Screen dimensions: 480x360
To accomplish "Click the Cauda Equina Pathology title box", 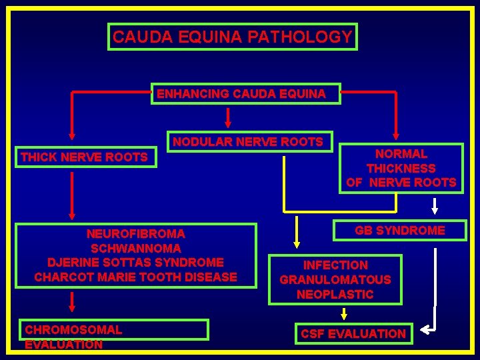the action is [x=233, y=37].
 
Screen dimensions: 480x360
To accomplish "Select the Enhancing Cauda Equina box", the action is [x=246, y=94].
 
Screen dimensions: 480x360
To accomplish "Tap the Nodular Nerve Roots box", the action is [x=249, y=141].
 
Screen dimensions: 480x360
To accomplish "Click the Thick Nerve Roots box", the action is [x=85, y=157].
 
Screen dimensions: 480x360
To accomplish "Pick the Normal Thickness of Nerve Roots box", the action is [x=401, y=168].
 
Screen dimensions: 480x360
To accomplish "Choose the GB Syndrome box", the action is [x=400, y=230].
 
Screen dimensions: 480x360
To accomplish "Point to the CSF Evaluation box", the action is [x=353, y=333].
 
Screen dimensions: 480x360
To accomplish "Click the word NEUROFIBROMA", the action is [x=136, y=234].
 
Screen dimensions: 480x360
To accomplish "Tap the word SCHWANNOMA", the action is [x=136, y=248].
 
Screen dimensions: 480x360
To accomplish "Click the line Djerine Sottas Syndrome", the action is [x=136, y=262].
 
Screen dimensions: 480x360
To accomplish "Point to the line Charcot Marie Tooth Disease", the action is [x=136, y=277].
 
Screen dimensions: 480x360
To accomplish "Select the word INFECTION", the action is [x=335, y=265].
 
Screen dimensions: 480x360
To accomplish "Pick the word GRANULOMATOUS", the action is [x=335, y=279].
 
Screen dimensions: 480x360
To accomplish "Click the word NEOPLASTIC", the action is [x=335, y=294].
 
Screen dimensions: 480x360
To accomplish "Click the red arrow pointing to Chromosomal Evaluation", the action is [x=72, y=303].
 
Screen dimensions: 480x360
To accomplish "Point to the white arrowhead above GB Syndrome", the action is [x=435, y=209].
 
